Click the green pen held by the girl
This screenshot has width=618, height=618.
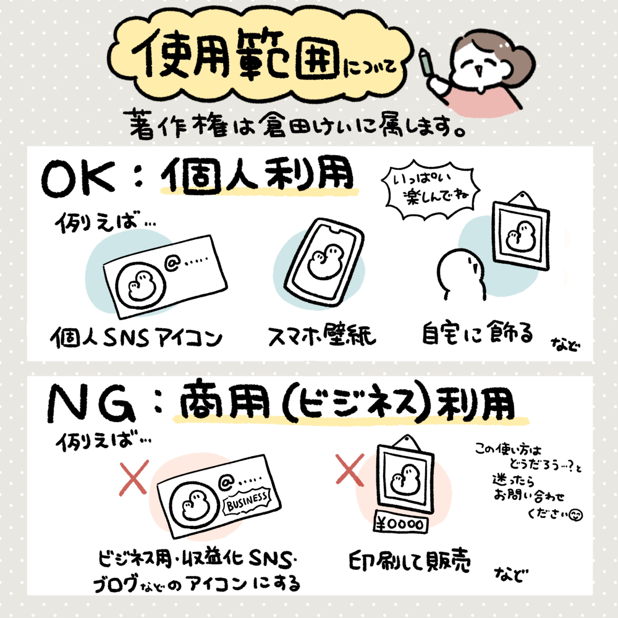point(426,62)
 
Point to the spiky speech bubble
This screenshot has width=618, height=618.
point(431,188)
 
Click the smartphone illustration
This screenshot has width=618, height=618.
point(324,263)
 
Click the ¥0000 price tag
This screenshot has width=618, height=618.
point(400,523)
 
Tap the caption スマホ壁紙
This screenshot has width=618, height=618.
point(321,336)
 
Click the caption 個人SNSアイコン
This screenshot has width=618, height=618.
point(137,338)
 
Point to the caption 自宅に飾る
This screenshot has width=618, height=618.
point(477,334)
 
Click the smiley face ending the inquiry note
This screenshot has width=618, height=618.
point(576,514)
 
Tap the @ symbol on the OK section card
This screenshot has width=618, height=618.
point(172,263)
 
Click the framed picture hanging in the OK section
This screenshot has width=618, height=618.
point(520,232)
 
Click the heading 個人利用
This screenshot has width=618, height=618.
point(257,176)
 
